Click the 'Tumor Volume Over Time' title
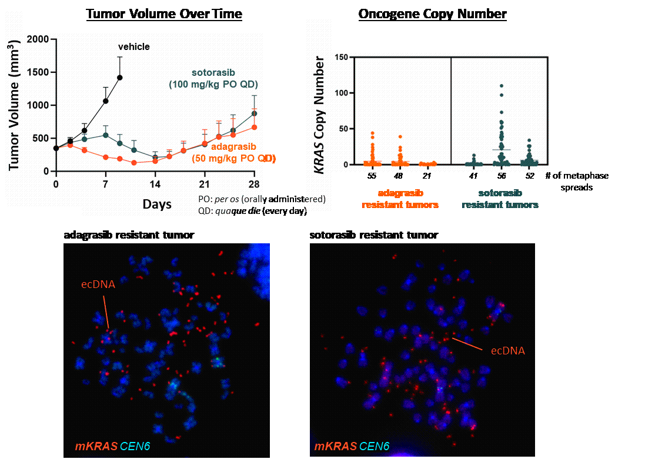pyautogui.click(x=164, y=14)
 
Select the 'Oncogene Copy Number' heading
pyautogui.click(x=433, y=14)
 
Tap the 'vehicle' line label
pyautogui.click(x=134, y=46)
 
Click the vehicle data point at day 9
pyautogui.click(x=120, y=77)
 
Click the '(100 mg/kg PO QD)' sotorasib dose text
pyautogui.click(x=213, y=85)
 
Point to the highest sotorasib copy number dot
pyautogui.click(x=502, y=86)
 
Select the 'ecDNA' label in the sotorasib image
pyautogui.click(x=507, y=351)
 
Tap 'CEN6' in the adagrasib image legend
pyautogui.click(x=135, y=447)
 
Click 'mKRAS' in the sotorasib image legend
pyautogui.click(x=335, y=447)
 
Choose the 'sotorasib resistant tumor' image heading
pyautogui.click(x=373, y=235)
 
